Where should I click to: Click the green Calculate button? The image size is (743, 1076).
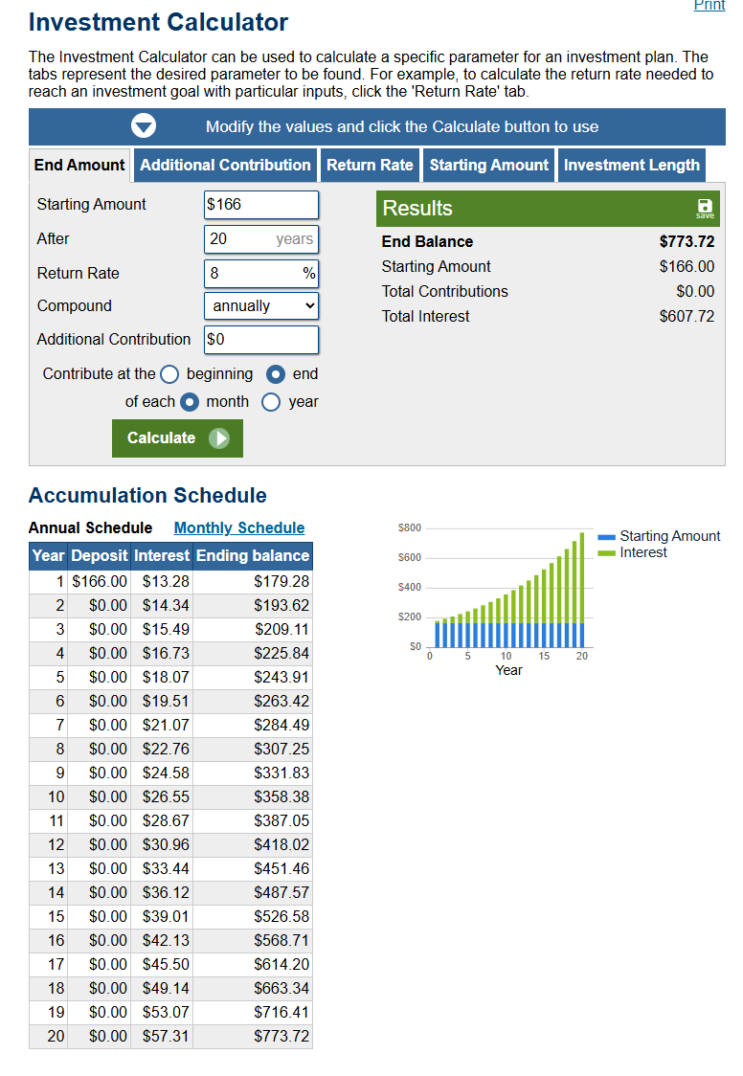(x=177, y=437)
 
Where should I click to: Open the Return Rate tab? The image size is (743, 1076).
(x=370, y=166)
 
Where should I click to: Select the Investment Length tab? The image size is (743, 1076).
(x=632, y=166)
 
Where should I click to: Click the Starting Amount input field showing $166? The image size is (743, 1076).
(x=261, y=205)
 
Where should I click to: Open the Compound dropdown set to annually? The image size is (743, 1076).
(x=261, y=306)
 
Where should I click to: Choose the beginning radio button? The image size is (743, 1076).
(x=169, y=374)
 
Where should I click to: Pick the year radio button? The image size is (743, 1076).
(x=271, y=402)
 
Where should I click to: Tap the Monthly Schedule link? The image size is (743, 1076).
(x=238, y=527)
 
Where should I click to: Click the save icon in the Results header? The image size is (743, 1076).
(x=705, y=208)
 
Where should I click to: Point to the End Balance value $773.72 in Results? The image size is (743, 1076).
(x=687, y=241)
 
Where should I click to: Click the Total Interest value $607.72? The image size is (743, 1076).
(x=687, y=316)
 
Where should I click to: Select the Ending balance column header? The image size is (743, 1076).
(x=253, y=556)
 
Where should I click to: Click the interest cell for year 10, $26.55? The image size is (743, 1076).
(x=166, y=796)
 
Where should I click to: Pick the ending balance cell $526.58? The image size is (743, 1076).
(x=281, y=916)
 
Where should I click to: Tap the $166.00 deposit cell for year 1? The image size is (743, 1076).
(x=100, y=581)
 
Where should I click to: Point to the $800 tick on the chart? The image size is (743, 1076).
(x=410, y=527)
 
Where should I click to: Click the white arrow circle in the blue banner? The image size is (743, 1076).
(x=144, y=126)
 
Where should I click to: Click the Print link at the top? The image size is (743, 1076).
(x=709, y=6)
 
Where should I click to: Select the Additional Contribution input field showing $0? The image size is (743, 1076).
(x=261, y=340)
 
